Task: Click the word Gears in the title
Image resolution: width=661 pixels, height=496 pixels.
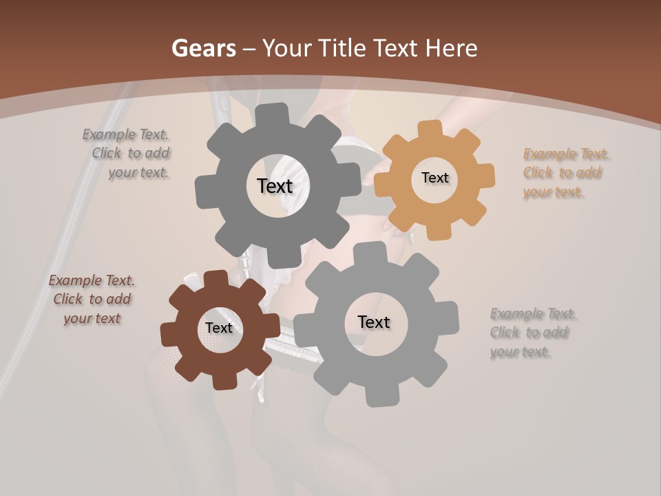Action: [x=202, y=48]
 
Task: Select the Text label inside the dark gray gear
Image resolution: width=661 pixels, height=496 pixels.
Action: [x=275, y=186]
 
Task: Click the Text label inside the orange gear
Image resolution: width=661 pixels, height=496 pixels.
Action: [x=434, y=178]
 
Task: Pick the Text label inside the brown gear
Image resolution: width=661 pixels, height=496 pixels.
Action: [x=218, y=328]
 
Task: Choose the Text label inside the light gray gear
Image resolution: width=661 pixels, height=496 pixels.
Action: [x=374, y=322]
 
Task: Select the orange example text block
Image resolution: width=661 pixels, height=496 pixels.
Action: [x=566, y=173]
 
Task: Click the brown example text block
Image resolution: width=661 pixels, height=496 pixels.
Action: [x=92, y=299]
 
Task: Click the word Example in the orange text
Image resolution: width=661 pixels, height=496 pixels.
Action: [x=549, y=154]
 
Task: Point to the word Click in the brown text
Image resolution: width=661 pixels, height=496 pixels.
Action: [x=67, y=299]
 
